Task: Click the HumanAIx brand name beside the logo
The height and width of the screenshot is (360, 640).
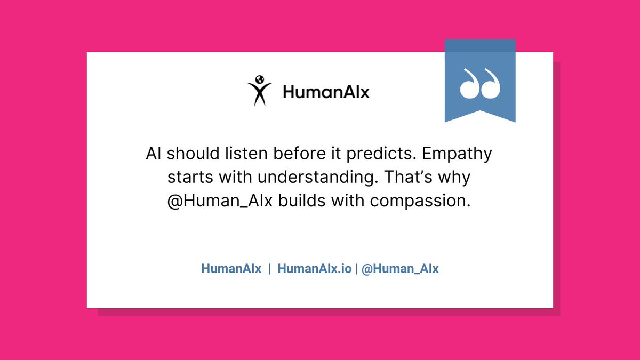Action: point(326,93)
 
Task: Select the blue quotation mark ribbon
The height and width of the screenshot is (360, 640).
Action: point(480,80)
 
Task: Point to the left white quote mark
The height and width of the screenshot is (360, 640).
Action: point(469,84)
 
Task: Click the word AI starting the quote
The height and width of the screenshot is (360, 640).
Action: point(153,154)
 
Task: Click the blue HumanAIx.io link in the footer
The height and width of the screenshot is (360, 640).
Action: point(314,269)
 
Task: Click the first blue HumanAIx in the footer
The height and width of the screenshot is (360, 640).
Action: point(231,269)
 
